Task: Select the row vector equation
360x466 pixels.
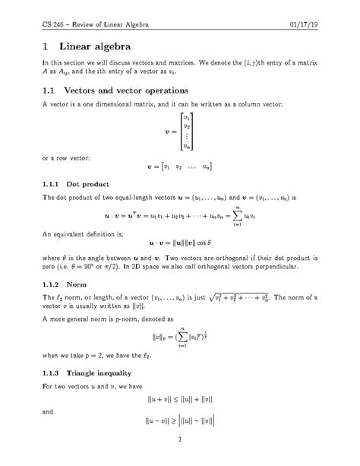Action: (179, 166)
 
